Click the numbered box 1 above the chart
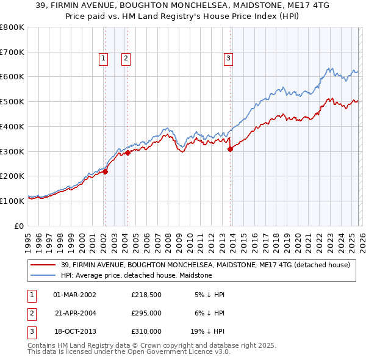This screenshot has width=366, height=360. point(103,59)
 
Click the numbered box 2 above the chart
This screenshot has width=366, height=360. point(126,59)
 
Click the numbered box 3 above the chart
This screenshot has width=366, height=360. point(228,59)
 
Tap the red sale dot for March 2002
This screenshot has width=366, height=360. point(105,171)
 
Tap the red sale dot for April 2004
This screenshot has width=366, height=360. point(128,153)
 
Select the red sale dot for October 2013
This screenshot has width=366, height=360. point(231,149)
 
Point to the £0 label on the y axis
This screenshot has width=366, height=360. point(18,226)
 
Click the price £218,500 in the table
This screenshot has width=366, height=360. point(146,295)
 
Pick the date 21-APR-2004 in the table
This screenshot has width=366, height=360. point(75,313)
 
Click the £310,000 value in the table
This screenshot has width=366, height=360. point(146,331)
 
